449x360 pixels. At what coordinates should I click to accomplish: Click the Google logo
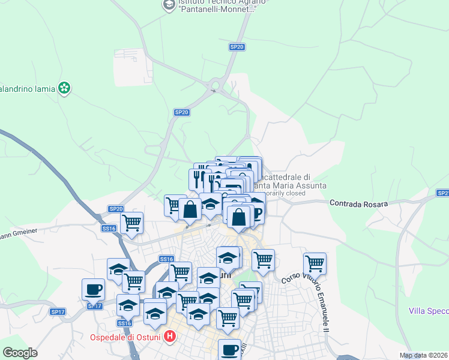coord(20,353)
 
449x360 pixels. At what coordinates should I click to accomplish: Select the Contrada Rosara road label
coord(358,204)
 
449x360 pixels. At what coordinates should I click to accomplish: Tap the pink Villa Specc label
coord(429,311)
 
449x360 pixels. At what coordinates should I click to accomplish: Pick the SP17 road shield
coord(57,312)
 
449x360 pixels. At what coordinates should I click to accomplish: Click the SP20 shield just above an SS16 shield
coord(116,209)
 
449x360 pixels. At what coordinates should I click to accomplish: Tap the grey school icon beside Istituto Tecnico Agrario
coord(169,5)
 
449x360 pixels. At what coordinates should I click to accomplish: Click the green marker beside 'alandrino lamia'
coord(64,89)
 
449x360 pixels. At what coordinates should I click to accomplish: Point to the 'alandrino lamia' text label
coord(27,89)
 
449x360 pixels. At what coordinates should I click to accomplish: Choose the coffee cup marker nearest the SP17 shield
coord(93,289)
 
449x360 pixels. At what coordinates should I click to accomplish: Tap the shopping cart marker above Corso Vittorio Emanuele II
coord(315,263)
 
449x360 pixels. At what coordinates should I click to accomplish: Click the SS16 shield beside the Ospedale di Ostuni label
coord(124,323)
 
